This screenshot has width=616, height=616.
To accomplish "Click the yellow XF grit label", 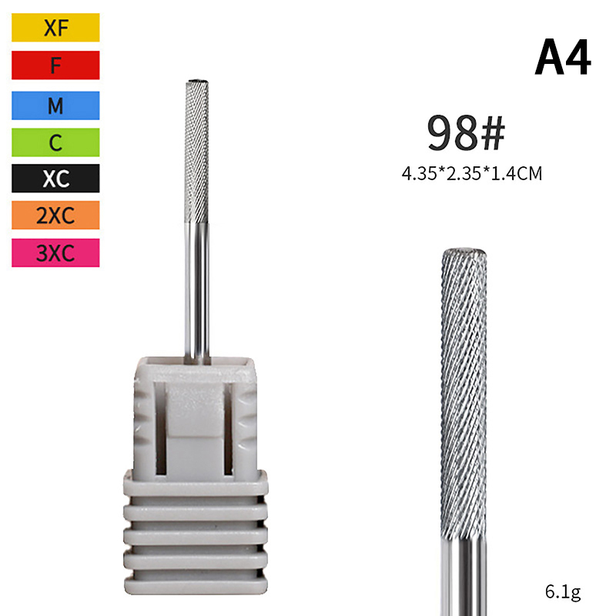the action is click(x=55, y=28).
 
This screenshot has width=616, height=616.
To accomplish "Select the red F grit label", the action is click(x=55, y=65).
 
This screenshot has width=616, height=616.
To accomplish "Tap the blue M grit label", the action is click(x=55, y=105).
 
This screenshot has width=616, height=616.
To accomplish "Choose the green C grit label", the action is click(x=55, y=142).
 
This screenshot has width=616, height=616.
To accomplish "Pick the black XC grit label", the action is click(x=55, y=179).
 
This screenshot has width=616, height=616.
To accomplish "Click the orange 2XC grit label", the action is click(x=55, y=216).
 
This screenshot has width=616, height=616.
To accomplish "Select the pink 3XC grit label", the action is click(x=55, y=253).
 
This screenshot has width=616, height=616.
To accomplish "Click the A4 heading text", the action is click(x=563, y=57).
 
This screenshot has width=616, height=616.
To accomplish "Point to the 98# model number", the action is click(x=466, y=132).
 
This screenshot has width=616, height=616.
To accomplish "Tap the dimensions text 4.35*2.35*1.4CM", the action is click(x=472, y=173).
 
